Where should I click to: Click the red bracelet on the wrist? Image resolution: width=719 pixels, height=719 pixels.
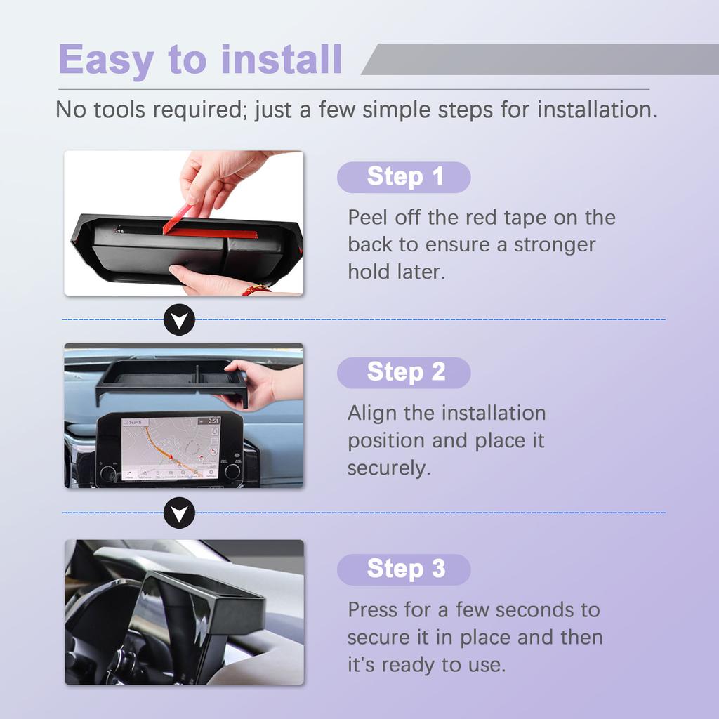[256, 289]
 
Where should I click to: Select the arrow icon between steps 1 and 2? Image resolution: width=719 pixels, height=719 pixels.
[179, 320]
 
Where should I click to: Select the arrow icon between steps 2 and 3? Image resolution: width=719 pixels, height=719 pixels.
[179, 514]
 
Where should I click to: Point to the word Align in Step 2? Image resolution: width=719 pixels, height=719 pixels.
[372, 414]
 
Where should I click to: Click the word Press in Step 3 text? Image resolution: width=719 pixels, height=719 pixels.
[373, 609]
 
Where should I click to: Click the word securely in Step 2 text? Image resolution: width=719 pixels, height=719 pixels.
[388, 469]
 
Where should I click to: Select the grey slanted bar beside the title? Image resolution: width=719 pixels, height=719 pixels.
[541, 59]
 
